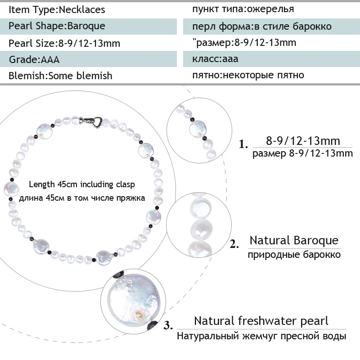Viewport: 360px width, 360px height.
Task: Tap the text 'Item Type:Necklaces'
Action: click(x=57, y=9)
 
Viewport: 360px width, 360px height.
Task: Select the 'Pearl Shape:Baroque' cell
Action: click(x=57, y=26)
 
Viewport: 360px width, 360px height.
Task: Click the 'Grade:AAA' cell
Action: click(x=34, y=59)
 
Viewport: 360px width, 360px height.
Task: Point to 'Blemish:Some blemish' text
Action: click(x=60, y=75)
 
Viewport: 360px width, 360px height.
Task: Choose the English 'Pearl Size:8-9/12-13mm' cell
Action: click(x=64, y=43)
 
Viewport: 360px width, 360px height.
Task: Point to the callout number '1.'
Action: click(x=243, y=145)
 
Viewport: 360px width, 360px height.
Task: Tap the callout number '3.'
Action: click(x=168, y=324)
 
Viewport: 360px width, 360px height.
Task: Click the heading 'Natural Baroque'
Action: click(x=294, y=240)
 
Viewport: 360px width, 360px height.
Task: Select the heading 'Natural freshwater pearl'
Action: click(x=261, y=321)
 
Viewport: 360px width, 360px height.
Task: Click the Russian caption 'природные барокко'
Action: click(x=294, y=255)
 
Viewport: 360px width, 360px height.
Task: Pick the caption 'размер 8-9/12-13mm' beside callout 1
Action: click(x=302, y=154)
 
